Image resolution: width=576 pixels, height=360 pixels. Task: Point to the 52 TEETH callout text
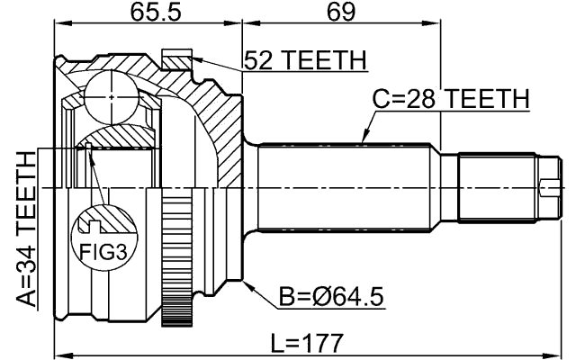tap(306, 60)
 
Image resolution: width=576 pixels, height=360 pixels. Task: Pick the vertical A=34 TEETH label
tap(26, 229)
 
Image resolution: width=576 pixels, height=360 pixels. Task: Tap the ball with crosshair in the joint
tap(110, 94)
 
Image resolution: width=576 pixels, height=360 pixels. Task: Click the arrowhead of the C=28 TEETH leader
tap(361, 140)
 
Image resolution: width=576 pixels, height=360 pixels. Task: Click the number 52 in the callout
tap(260, 60)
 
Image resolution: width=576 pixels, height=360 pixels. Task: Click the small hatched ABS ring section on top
tap(177, 59)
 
